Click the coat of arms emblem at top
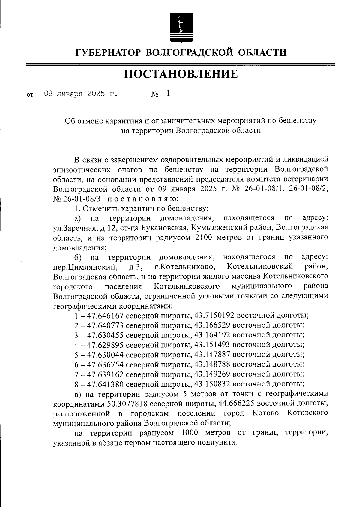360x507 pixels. [180, 27]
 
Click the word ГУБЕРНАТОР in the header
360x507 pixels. [108, 53]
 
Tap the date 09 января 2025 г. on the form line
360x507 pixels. [80, 94]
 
